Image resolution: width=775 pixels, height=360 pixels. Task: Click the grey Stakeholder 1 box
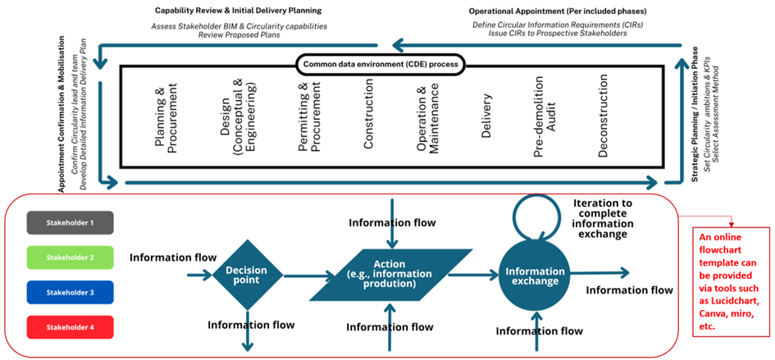click(70, 222)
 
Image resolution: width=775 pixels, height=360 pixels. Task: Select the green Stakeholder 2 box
click(70, 257)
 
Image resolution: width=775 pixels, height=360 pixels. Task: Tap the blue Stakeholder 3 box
click(70, 292)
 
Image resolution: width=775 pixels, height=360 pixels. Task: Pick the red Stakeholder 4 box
click(70, 327)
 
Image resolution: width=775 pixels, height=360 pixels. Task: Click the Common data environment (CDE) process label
click(380, 63)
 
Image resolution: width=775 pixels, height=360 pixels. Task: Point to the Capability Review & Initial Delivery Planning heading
click(238, 11)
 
